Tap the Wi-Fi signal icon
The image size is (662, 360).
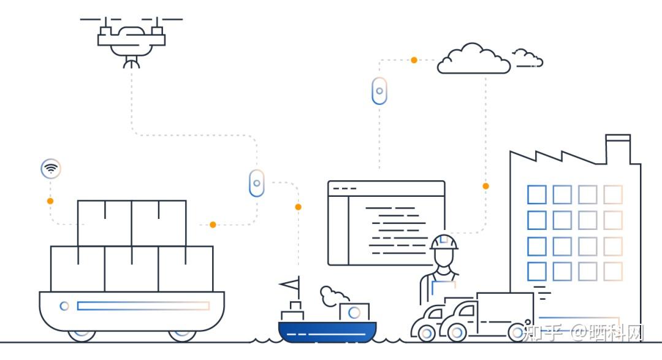tap(51, 169)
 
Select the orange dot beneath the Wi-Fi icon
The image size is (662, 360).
tap(50, 201)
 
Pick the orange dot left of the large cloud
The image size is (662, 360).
tap(414, 60)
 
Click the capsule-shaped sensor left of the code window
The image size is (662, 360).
tap(257, 183)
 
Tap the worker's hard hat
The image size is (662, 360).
tap(444, 242)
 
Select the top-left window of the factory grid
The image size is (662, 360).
tap(536, 195)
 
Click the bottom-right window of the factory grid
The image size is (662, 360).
tap(613, 272)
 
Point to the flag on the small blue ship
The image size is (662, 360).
tap(289, 284)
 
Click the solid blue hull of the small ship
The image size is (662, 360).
tap(327, 331)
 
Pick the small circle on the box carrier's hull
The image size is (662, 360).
tap(64, 306)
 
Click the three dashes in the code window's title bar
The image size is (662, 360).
tap(344, 189)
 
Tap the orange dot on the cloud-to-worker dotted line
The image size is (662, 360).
tap(486, 186)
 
